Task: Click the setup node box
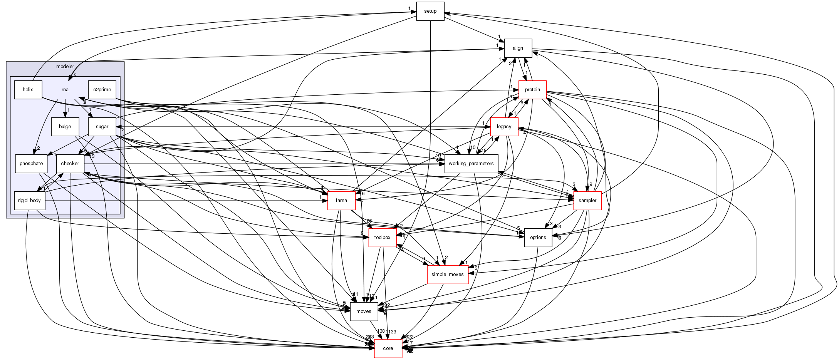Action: pos(430,11)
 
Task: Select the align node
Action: pos(518,48)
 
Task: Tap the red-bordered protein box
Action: pos(532,90)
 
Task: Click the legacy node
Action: pos(504,127)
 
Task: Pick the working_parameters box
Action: pos(471,164)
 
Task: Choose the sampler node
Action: pos(587,201)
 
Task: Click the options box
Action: pos(538,238)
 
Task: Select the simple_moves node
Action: pos(447,275)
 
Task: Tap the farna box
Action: pos(341,201)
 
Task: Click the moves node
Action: pos(364,311)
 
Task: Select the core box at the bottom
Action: pos(388,348)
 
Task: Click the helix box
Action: pos(28,90)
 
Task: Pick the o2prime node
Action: pos(102,90)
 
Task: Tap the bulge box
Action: pos(65,127)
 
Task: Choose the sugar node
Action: pos(102,127)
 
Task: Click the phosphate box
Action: pos(31,164)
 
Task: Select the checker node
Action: pos(70,164)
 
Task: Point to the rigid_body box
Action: pos(29,201)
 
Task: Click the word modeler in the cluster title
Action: pos(65,67)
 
